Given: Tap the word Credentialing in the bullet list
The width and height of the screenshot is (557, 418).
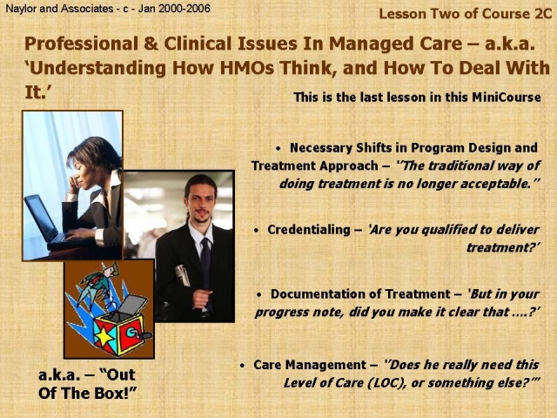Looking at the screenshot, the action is (309, 230).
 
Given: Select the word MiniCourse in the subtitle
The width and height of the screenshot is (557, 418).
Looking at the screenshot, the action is (507, 97).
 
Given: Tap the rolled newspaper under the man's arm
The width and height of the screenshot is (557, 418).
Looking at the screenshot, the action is (184, 275).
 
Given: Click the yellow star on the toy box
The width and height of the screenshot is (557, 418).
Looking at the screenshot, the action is (104, 336).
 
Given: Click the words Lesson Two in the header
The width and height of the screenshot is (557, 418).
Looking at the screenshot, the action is (416, 14).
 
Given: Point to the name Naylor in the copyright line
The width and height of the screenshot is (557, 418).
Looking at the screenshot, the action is (21, 8).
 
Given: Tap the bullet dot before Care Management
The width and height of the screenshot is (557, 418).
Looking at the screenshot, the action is (242, 366).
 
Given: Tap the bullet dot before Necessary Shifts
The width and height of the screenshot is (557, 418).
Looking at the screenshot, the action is (278, 149).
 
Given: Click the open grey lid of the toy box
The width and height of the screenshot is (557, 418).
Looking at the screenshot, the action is (134, 304).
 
